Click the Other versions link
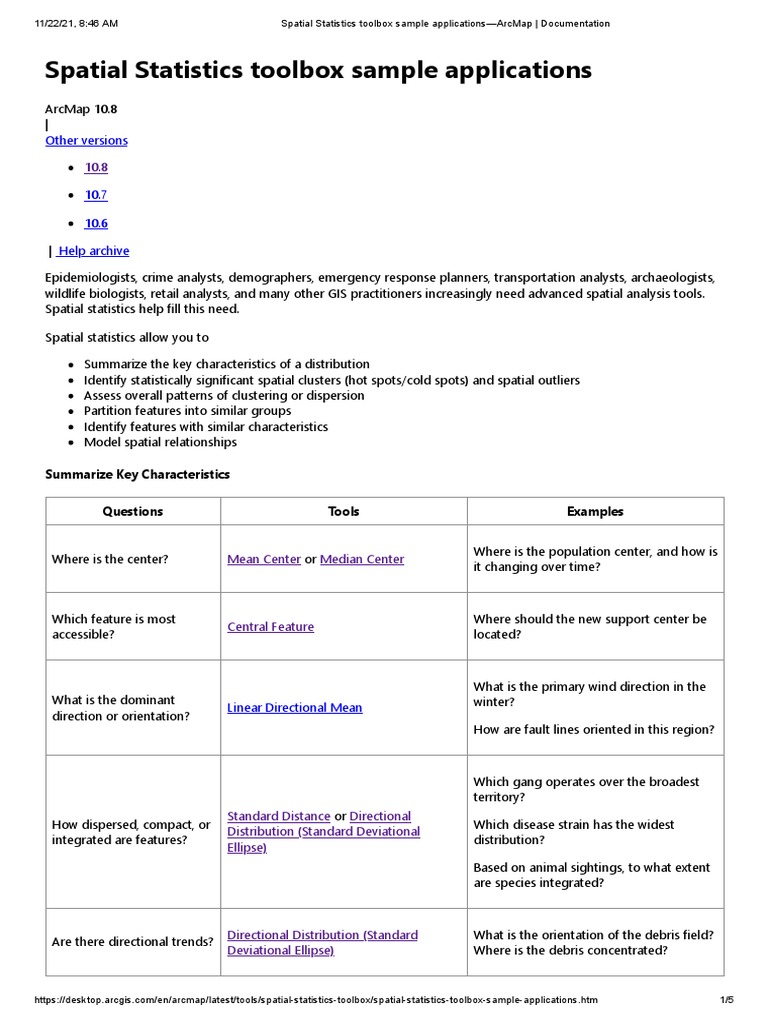click(x=86, y=141)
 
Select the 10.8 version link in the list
click(x=96, y=168)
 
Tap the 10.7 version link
click(x=96, y=195)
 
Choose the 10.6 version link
click(x=96, y=223)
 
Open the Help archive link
click(x=92, y=251)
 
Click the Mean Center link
click(x=264, y=560)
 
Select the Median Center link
click(x=362, y=560)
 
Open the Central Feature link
click(x=270, y=627)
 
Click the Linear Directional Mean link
click(x=294, y=708)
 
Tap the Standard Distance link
click(x=278, y=817)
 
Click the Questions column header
click(x=132, y=512)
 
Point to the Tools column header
click(x=343, y=512)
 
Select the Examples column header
click(x=594, y=512)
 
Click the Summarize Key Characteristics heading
click(x=137, y=474)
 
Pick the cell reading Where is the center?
click(x=110, y=560)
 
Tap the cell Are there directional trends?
click(x=132, y=942)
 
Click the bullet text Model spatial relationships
click(x=160, y=442)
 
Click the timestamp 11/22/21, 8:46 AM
click(x=76, y=23)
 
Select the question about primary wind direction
click(x=596, y=694)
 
